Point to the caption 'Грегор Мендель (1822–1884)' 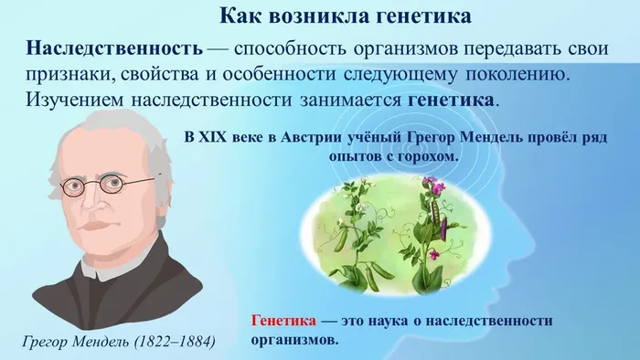(118, 342)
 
